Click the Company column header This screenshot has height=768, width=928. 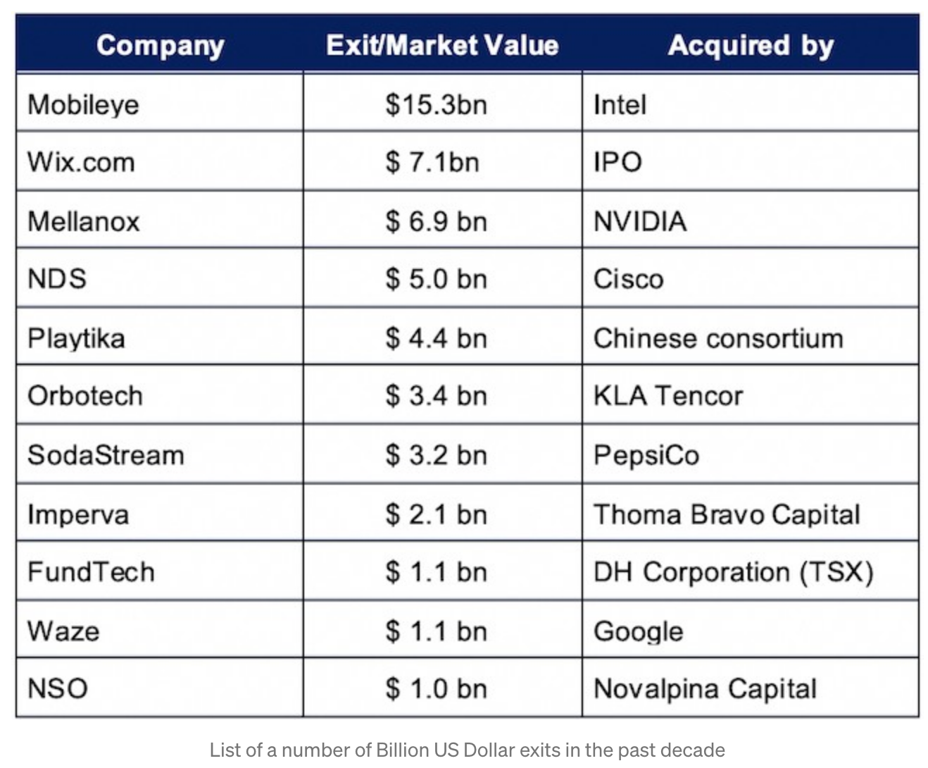[x=160, y=46]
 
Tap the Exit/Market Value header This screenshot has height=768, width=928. [x=442, y=46]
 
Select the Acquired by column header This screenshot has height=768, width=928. [x=751, y=46]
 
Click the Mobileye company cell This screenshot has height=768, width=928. [x=83, y=104]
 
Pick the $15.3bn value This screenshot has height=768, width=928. [x=436, y=104]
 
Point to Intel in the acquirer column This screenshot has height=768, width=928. [x=620, y=104]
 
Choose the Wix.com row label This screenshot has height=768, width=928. [x=81, y=162]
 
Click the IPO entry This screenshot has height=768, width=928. [x=617, y=162]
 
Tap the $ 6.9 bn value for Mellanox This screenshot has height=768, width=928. [x=436, y=221]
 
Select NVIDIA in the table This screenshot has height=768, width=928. [x=640, y=221]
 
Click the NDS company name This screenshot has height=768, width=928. [x=57, y=279]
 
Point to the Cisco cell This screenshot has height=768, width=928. [x=628, y=279]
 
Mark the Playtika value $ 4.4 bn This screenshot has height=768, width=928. [x=436, y=338]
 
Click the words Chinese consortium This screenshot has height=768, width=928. [x=718, y=338]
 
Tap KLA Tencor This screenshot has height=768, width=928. [x=668, y=396]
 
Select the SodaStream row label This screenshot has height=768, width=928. [x=106, y=455]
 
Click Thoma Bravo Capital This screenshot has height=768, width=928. [x=727, y=514]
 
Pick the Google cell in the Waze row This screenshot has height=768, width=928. [x=638, y=631]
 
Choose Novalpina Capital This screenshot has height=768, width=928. [x=705, y=688]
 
